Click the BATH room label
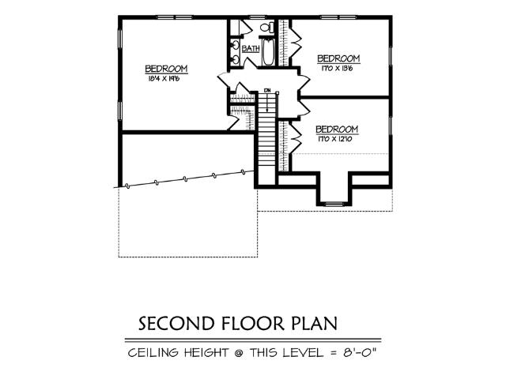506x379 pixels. pos(251,49)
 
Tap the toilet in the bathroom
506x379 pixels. pos(266,28)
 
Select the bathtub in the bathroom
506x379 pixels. pos(268,53)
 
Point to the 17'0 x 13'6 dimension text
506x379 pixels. pos(338,68)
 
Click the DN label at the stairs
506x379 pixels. pos(268,91)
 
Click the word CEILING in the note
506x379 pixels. pos(154,352)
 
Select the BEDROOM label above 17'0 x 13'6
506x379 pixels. pos(338,58)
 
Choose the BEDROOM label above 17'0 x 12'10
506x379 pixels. pos(337,129)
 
